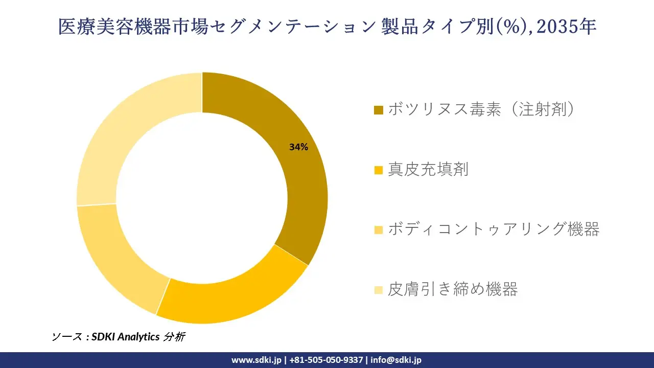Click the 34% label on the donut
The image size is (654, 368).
[x=298, y=147]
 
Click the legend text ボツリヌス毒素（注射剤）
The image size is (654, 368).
[x=481, y=109]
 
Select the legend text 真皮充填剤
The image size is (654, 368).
[x=428, y=169]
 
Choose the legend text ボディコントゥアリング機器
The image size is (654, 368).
[x=494, y=229]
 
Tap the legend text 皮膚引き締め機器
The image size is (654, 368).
[x=453, y=289]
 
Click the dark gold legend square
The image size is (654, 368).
[x=379, y=110]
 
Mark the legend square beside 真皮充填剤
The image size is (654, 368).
[x=379, y=170]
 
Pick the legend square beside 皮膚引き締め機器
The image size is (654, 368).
[x=379, y=290]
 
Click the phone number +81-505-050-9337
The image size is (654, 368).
[x=327, y=360]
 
